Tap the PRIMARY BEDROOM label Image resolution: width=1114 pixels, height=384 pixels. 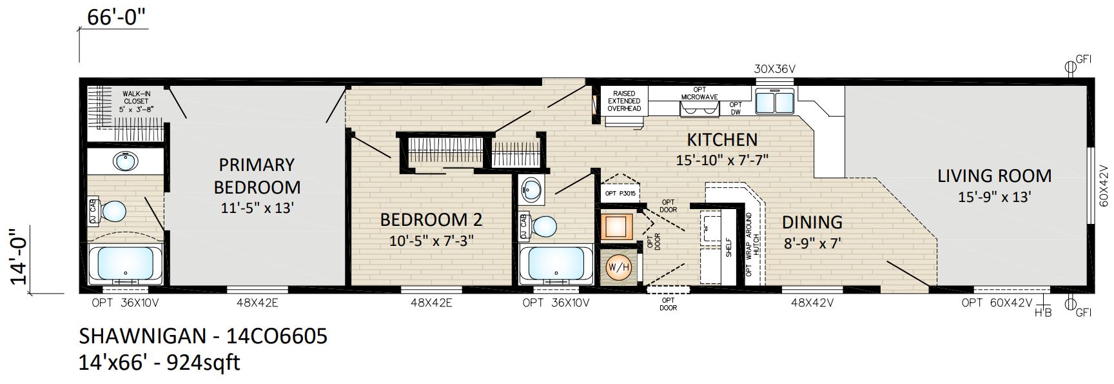(x=257, y=176)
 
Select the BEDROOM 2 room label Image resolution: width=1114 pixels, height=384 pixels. (x=431, y=219)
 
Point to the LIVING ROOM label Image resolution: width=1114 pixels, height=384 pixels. (x=994, y=176)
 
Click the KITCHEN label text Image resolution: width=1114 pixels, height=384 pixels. (x=721, y=139)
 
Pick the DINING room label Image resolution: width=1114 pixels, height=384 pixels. (x=812, y=222)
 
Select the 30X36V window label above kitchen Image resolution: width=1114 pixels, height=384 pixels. (x=776, y=69)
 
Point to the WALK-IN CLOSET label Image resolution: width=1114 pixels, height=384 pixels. (x=135, y=101)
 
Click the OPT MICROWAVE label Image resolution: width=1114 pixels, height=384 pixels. (x=699, y=93)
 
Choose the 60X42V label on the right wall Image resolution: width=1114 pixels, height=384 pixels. (x=1104, y=185)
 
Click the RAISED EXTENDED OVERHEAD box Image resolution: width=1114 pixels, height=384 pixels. (x=624, y=101)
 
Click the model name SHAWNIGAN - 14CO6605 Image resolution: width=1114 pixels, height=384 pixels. (x=203, y=336)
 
